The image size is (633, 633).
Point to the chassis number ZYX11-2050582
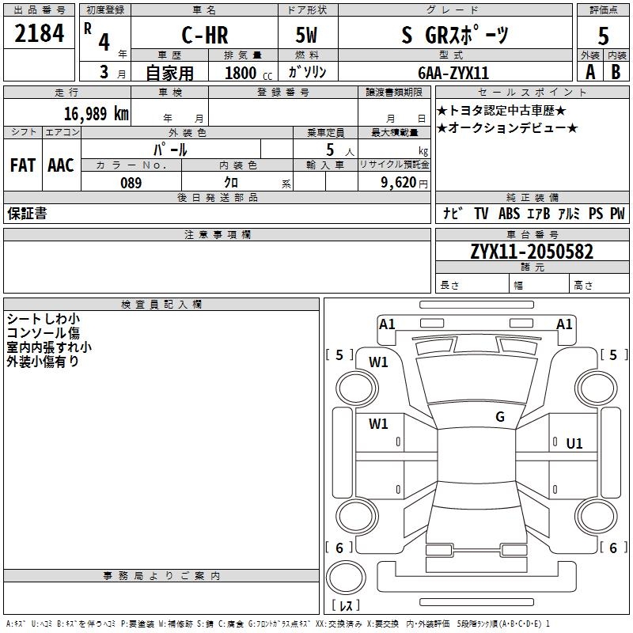coord(532,252)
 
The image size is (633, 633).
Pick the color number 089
coord(131,183)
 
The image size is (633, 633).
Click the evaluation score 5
coord(603,36)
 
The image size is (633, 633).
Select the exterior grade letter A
coord(589,72)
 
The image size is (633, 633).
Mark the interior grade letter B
coord(616,72)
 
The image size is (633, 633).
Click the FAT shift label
coord(22,165)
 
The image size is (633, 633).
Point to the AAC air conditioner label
coord(61,165)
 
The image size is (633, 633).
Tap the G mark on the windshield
coord(500,417)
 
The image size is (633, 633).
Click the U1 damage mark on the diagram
coord(574,444)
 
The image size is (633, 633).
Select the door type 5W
coord(308,36)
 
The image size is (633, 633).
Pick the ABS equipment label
coord(509,214)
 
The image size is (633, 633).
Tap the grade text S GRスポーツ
coord(456,36)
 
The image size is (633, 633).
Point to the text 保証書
coord(27,214)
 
